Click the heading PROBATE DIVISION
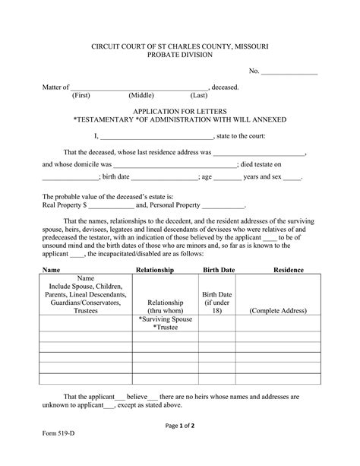point(179,55)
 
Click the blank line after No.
point(289,74)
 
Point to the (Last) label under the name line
point(199,96)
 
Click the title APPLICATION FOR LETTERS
point(179,110)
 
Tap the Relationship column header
point(155,270)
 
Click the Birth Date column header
point(216,270)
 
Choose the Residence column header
point(289,270)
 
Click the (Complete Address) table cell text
point(278,311)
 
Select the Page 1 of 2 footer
point(180,426)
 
